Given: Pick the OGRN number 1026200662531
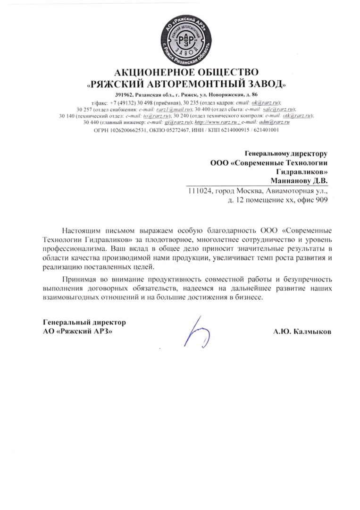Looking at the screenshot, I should pyautogui.click(x=127, y=129).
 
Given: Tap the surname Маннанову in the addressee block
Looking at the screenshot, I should pyautogui.click(x=289, y=180).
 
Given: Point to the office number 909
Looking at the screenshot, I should pyautogui.click(x=320, y=200).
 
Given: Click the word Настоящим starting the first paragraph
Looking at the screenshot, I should pyautogui.click(x=79, y=230).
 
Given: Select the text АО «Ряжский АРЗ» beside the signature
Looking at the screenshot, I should pyautogui.click(x=78, y=331).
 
